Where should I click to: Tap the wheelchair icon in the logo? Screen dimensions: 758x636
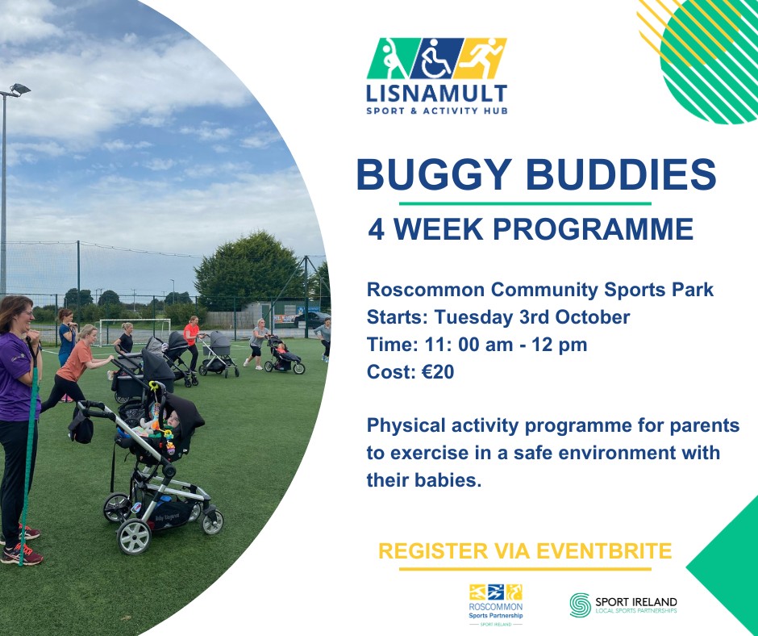point(436,58)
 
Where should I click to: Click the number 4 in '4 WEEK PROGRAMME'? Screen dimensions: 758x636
point(376,229)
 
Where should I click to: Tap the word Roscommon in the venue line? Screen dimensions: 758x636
point(426,290)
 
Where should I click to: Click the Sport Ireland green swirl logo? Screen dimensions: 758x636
point(580,605)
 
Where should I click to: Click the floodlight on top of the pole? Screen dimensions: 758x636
point(20,89)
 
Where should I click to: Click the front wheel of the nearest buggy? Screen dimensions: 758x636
point(134,537)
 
